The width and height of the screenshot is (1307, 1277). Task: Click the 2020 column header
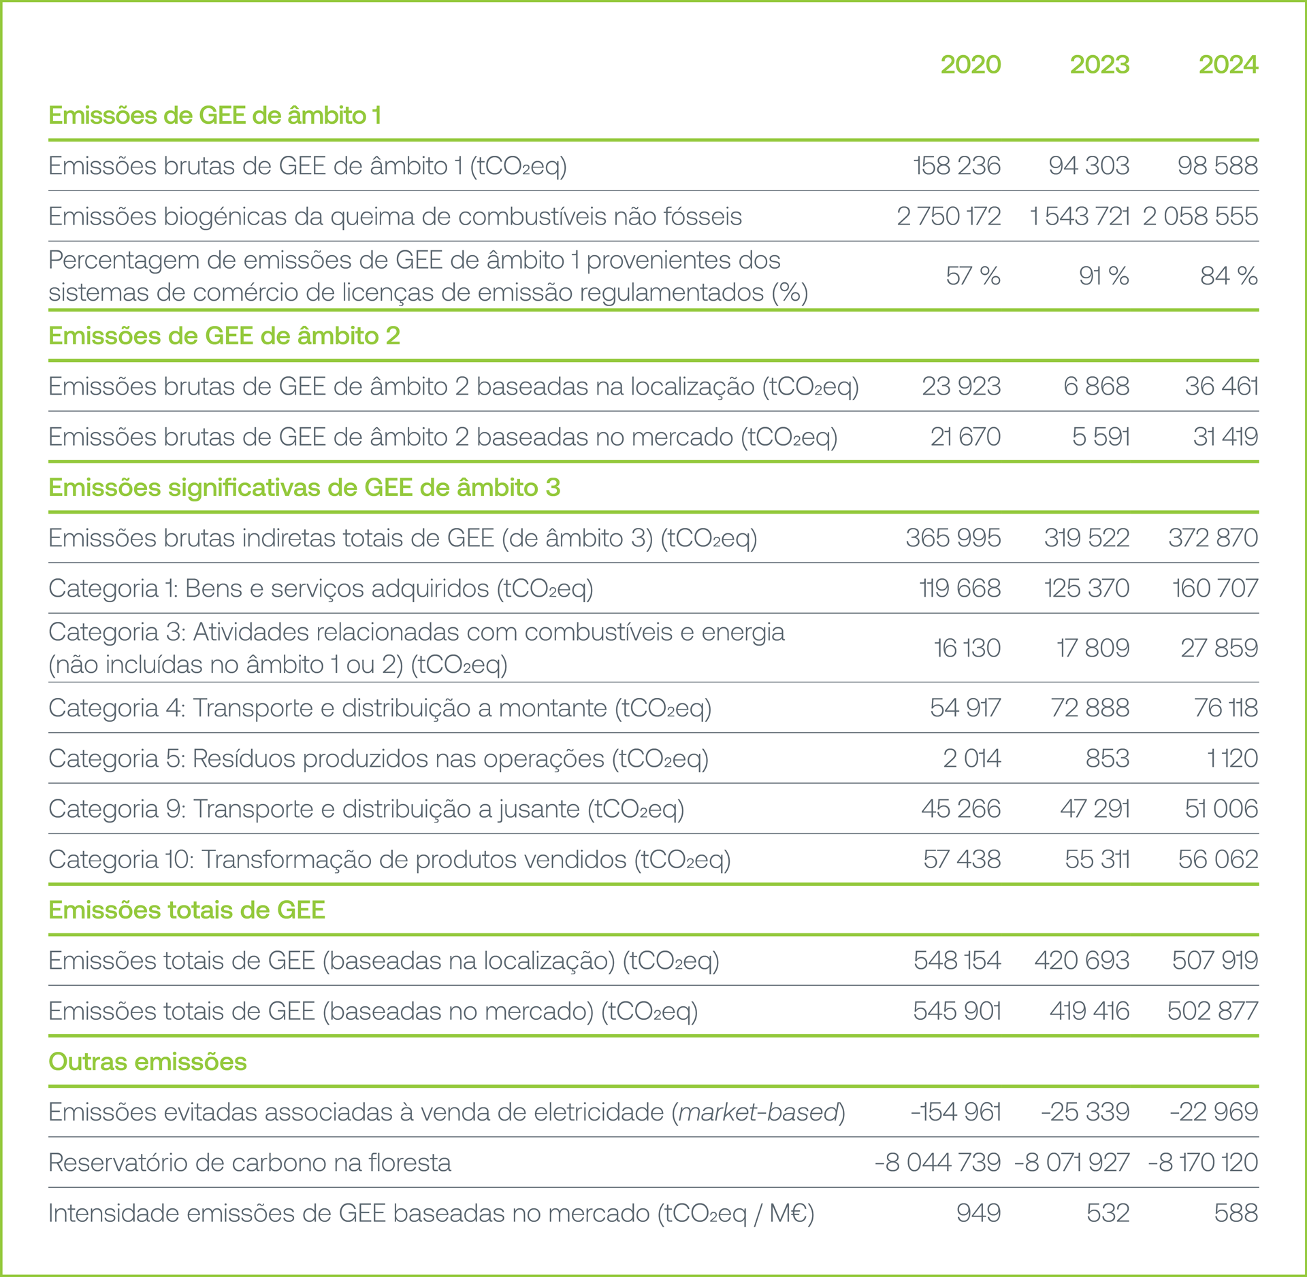[970, 65]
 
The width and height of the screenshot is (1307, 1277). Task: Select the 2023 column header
[1099, 65]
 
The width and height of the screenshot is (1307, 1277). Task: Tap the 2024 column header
[1228, 65]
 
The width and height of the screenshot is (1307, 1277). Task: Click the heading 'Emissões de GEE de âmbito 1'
[214, 116]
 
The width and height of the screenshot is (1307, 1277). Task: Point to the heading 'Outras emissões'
[148, 1061]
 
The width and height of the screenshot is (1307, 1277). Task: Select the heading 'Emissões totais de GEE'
[187, 910]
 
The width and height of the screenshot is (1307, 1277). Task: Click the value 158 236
[956, 165]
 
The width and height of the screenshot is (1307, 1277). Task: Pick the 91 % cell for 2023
[1103, 276]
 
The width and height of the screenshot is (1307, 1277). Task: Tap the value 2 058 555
[1200, 216]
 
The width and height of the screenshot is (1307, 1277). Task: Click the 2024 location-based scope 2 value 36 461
[1221, 386]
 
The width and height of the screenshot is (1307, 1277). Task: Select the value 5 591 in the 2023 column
[1101, 436]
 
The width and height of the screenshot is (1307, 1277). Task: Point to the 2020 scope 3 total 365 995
[953, 537]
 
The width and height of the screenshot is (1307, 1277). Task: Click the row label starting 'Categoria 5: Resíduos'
[378, 758]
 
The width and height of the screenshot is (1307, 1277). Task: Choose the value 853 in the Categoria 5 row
[1108, 758]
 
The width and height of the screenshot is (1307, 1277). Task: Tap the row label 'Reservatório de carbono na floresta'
[250, 1162]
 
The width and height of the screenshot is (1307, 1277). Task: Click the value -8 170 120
[1203, 1162]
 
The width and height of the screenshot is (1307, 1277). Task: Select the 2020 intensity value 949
[978, 1212]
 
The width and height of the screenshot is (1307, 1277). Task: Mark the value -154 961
[956, 1112]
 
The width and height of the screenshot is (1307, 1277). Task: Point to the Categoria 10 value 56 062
[1218, 859]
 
